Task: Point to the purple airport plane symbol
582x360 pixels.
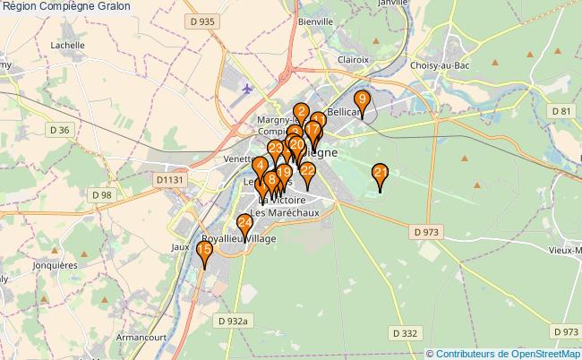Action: [x=246, y=89]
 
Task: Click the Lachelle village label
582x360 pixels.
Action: [x=68, y=44]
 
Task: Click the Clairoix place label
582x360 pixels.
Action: [x=355, y=59]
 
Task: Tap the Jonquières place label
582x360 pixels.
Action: [x=54, y=265]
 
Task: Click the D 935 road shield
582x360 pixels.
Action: [x=202, y=20]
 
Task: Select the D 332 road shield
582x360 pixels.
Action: [x=404, y=333]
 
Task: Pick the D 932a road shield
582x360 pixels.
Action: [x=236, y=320]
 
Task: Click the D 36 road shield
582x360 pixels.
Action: [x=59, y=130]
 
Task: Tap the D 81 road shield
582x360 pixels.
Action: [x=561, y=110]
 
